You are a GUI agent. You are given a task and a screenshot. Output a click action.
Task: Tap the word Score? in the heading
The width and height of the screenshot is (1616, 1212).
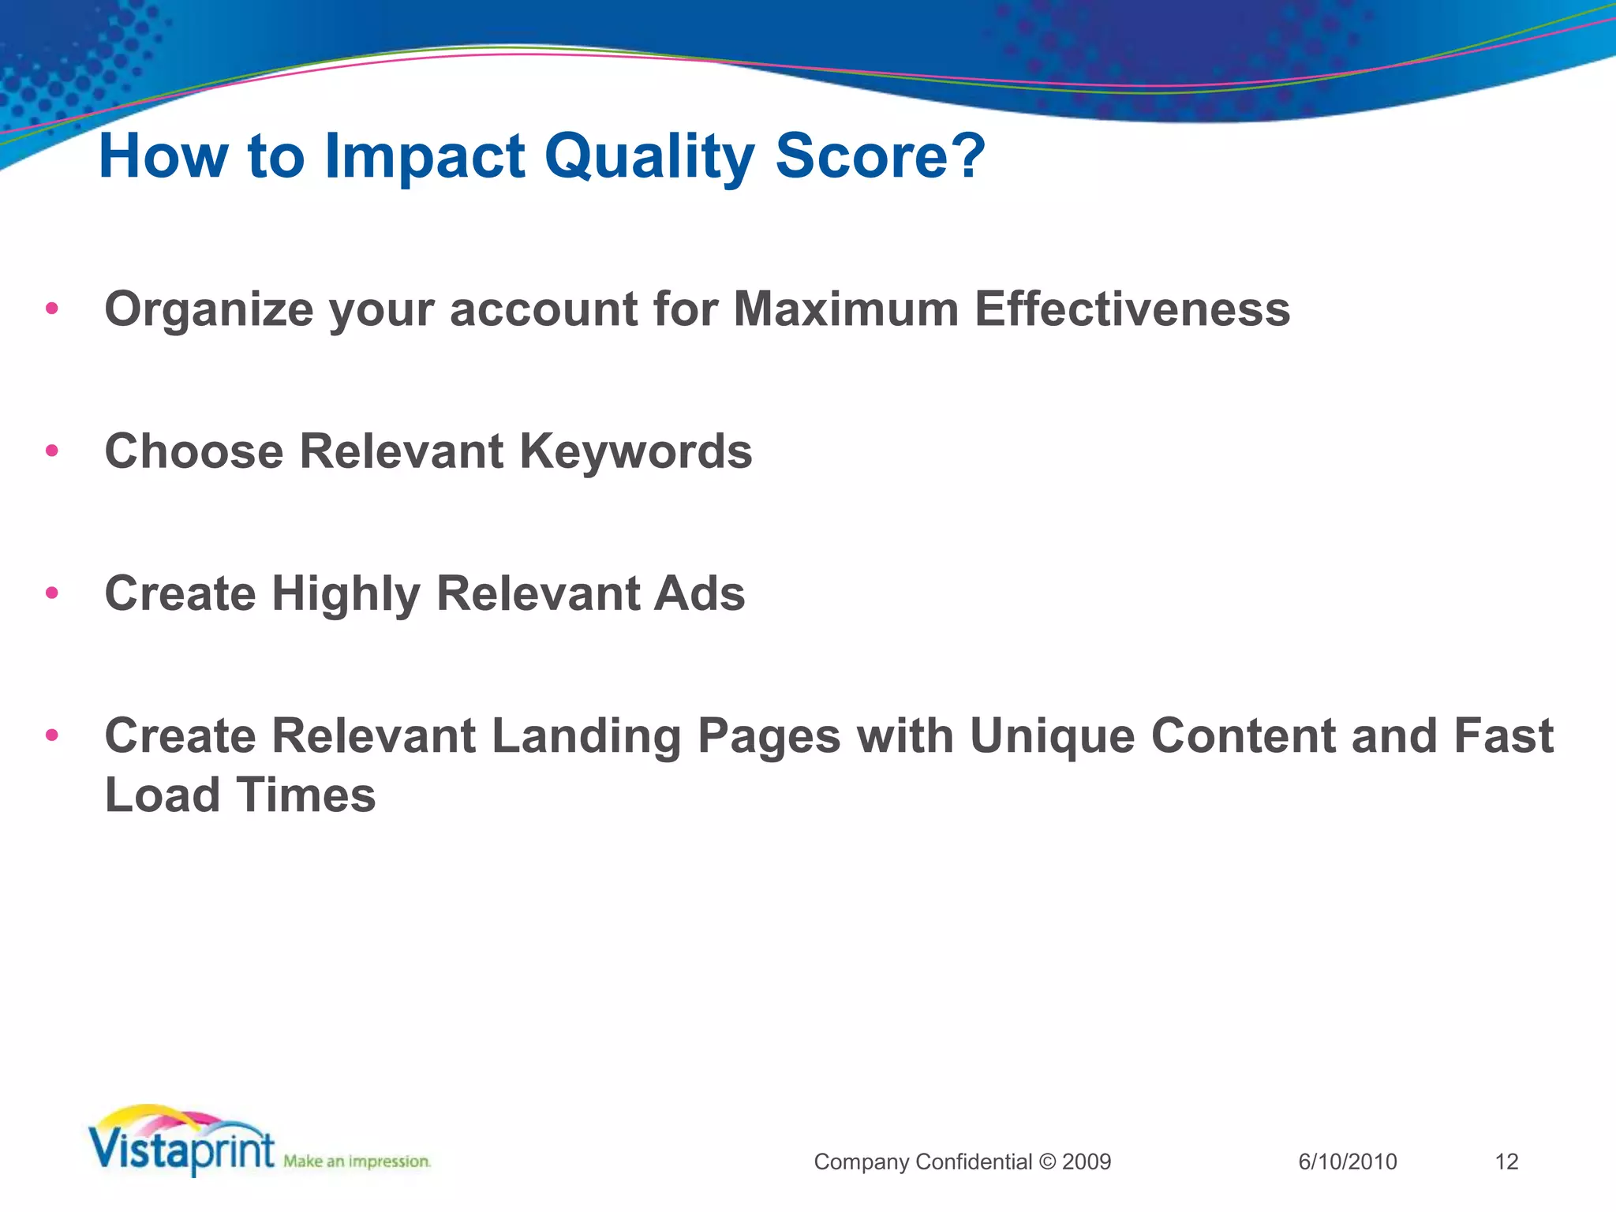[880, 156]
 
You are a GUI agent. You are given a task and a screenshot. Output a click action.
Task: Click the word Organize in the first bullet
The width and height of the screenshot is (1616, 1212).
[209, 309]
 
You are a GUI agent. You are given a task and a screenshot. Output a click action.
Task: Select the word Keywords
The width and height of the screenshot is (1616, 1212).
[636, 451]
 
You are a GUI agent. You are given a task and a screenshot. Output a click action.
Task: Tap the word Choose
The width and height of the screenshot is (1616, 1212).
[194, 451]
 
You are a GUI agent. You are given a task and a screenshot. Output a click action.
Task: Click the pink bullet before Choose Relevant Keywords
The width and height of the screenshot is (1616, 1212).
[52, 451]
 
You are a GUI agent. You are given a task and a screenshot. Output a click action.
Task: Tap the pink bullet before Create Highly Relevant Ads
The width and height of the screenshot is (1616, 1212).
[52, 593]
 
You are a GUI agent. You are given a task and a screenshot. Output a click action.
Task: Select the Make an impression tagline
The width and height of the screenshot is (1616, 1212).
[357, 1161]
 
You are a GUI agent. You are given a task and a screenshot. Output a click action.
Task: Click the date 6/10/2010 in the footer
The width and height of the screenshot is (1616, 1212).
[1347, 1161]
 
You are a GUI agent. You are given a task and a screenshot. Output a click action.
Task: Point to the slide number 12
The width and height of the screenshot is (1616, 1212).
[1506, 1161]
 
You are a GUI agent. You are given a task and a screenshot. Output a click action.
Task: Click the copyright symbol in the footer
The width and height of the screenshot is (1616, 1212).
[1047, 1161]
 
